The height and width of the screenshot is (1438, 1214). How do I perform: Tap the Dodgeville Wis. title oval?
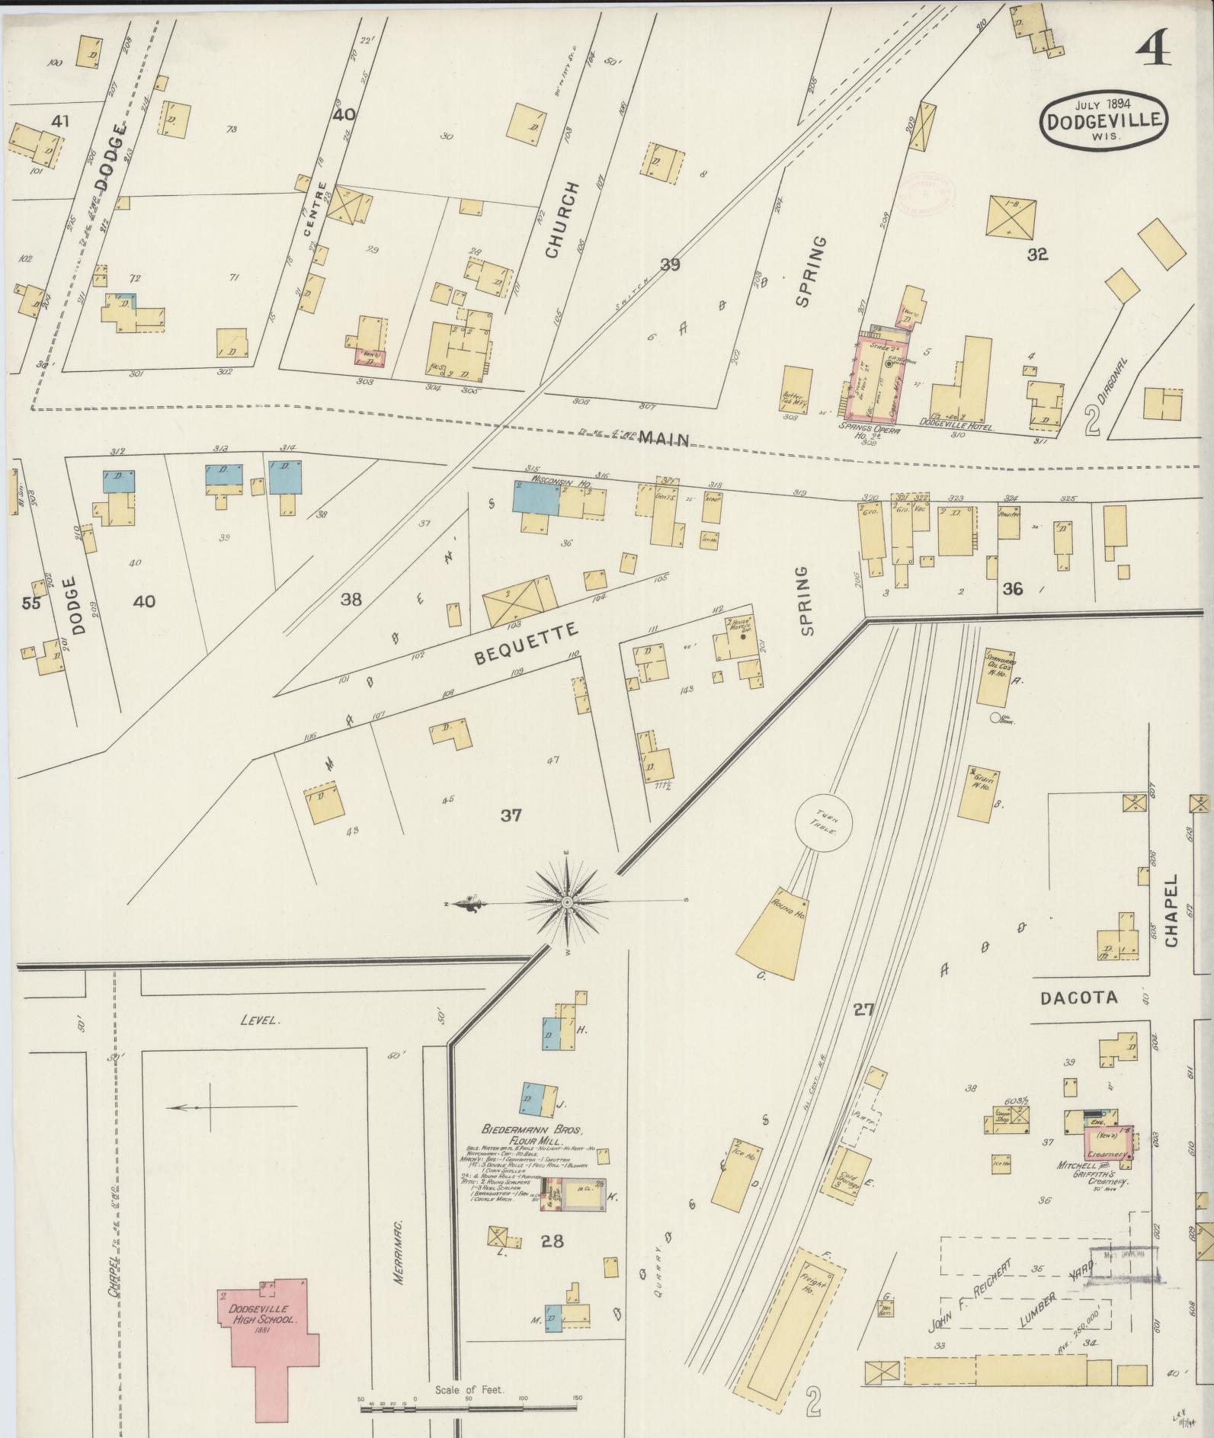coord(1104,117)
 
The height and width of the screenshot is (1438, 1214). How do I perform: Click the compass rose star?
coord(567,902)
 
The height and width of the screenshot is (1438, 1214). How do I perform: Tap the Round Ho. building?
coord(775,932)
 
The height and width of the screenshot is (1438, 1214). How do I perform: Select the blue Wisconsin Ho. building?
coord(536,498)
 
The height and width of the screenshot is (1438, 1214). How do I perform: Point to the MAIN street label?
coord(664,438)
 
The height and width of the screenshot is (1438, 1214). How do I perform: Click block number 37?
coord(511,815)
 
